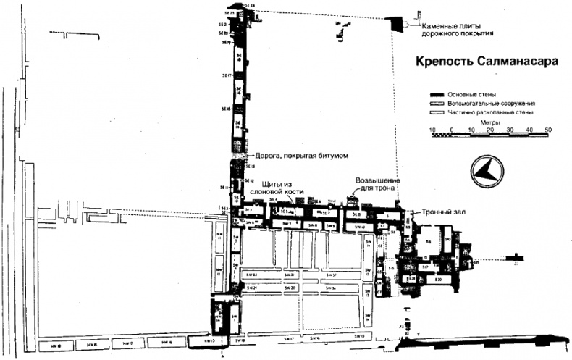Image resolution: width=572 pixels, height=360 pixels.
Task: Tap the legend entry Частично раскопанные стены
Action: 489,113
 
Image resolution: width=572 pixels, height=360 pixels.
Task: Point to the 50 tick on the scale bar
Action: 548,130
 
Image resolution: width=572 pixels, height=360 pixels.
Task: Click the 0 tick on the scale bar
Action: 451,130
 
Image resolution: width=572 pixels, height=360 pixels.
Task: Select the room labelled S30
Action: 439,279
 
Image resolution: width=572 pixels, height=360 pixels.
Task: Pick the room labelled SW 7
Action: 287,225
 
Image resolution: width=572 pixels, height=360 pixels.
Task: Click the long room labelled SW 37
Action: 330,276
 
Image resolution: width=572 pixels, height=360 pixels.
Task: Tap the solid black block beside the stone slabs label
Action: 397,23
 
